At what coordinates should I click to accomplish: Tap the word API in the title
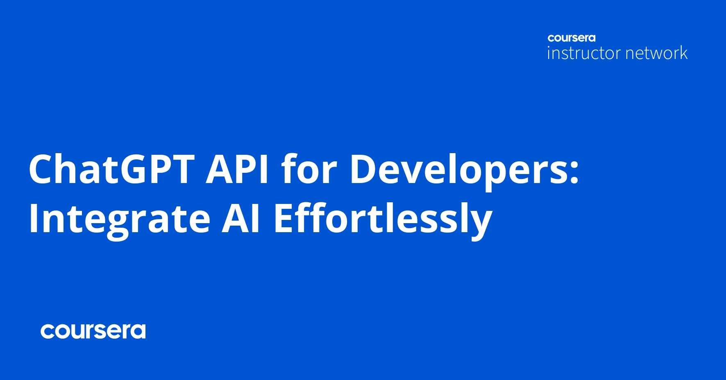click(x=237, y=169)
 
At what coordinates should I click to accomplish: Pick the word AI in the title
click(x=240, y=218)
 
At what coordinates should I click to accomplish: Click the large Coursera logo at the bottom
click(x=93, y=331)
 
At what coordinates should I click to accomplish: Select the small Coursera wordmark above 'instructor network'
click(x=572, y=38)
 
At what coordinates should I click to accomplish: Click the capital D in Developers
click(x=364, y=169)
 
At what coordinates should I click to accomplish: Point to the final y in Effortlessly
click(x=480, y=225)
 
